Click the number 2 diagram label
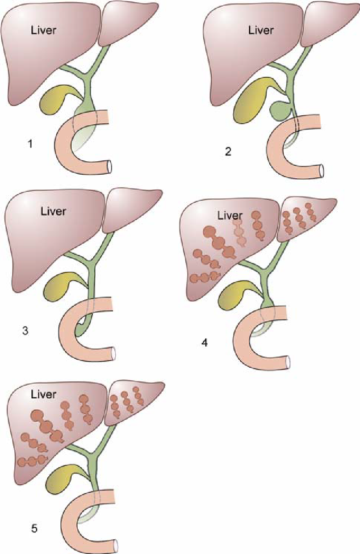228,151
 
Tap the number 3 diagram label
25,331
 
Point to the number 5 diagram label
34,529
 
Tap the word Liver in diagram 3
53,211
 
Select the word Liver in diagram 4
230,215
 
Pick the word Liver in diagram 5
44,395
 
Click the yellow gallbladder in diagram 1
55,101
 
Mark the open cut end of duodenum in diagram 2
321,171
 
